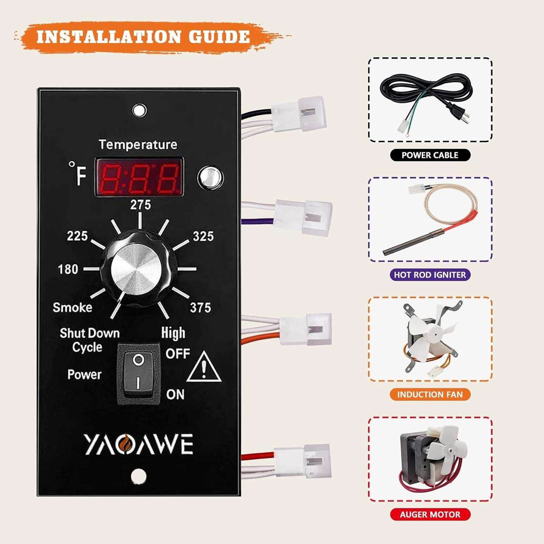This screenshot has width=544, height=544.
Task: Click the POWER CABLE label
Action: coord(430,155)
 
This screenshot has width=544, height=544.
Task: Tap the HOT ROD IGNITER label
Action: coord(430,275)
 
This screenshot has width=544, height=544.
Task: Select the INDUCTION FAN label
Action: coord(430,394)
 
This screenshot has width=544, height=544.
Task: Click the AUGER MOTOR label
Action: coord(430,514)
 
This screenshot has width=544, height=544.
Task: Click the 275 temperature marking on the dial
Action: coord(140,205)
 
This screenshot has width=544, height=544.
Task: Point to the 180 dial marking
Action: coord(68,269)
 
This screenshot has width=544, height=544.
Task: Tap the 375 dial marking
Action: coord(201,308)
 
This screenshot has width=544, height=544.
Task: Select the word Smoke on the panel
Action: coord(73,308)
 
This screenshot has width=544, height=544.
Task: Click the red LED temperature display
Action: coord(139,177)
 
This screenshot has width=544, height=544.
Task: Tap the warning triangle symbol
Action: coord(204,367)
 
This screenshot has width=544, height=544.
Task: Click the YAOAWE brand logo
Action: coord(138,444)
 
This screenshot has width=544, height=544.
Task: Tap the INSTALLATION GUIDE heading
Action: coord(143,37)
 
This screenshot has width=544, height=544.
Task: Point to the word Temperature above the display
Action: coord(138,145)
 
